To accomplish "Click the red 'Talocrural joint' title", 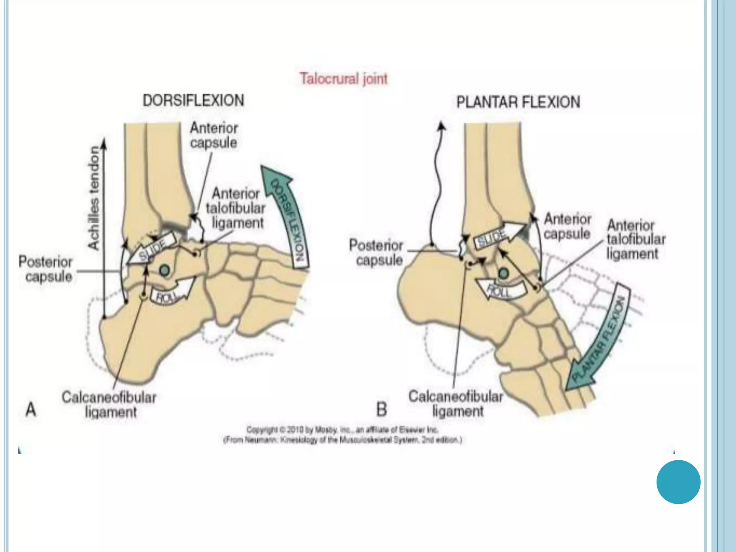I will [x=344, y=79].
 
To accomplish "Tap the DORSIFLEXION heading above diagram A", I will [x=193, y=100].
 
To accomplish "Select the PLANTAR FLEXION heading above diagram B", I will [x=518, y=102].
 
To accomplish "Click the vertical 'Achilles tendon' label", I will [x=93, y=198].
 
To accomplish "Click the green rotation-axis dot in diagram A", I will [x=165, y=270].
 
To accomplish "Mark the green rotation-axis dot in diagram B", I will [x=503, y=274].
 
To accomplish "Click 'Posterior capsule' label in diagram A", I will [x=46, y=269].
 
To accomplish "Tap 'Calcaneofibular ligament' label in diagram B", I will [x=456, y=404].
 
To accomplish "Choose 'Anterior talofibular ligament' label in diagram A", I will [x=236, y=208].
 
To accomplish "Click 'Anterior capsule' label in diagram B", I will [x=567, y=226].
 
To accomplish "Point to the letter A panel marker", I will [x=31, y=409].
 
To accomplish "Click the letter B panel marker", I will [x=382, y=409].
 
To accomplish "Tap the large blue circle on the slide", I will [x=678, y=482].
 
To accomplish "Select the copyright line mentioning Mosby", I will [x=342, y=430].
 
